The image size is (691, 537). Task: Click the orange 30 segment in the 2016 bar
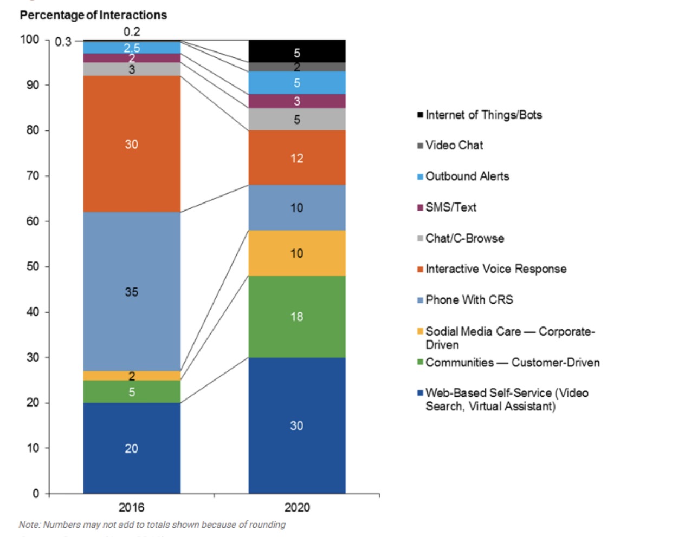point(132,143)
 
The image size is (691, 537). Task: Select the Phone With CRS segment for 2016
point(132,291)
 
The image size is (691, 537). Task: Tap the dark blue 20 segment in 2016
point(132,448)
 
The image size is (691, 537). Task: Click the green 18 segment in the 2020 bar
point(296,316)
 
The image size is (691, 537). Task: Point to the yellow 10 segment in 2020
point(296,253)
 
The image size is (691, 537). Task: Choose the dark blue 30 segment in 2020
point(296,425)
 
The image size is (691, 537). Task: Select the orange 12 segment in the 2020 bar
point(296,158)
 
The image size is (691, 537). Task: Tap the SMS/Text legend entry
point(450,207)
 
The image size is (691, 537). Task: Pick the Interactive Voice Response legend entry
point(495,268)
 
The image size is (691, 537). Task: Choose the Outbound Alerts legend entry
point(467,176)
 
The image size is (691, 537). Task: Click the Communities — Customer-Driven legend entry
point(512,362)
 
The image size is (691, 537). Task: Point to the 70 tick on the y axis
point(33,175)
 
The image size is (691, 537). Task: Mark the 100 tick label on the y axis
point(30,40)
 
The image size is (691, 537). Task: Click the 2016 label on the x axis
point(132,507)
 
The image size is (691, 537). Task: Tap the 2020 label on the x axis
point(297,507)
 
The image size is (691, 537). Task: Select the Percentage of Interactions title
point(93,15)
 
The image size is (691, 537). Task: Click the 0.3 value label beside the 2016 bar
point(63,42)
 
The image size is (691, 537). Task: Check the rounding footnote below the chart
point(152,525)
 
